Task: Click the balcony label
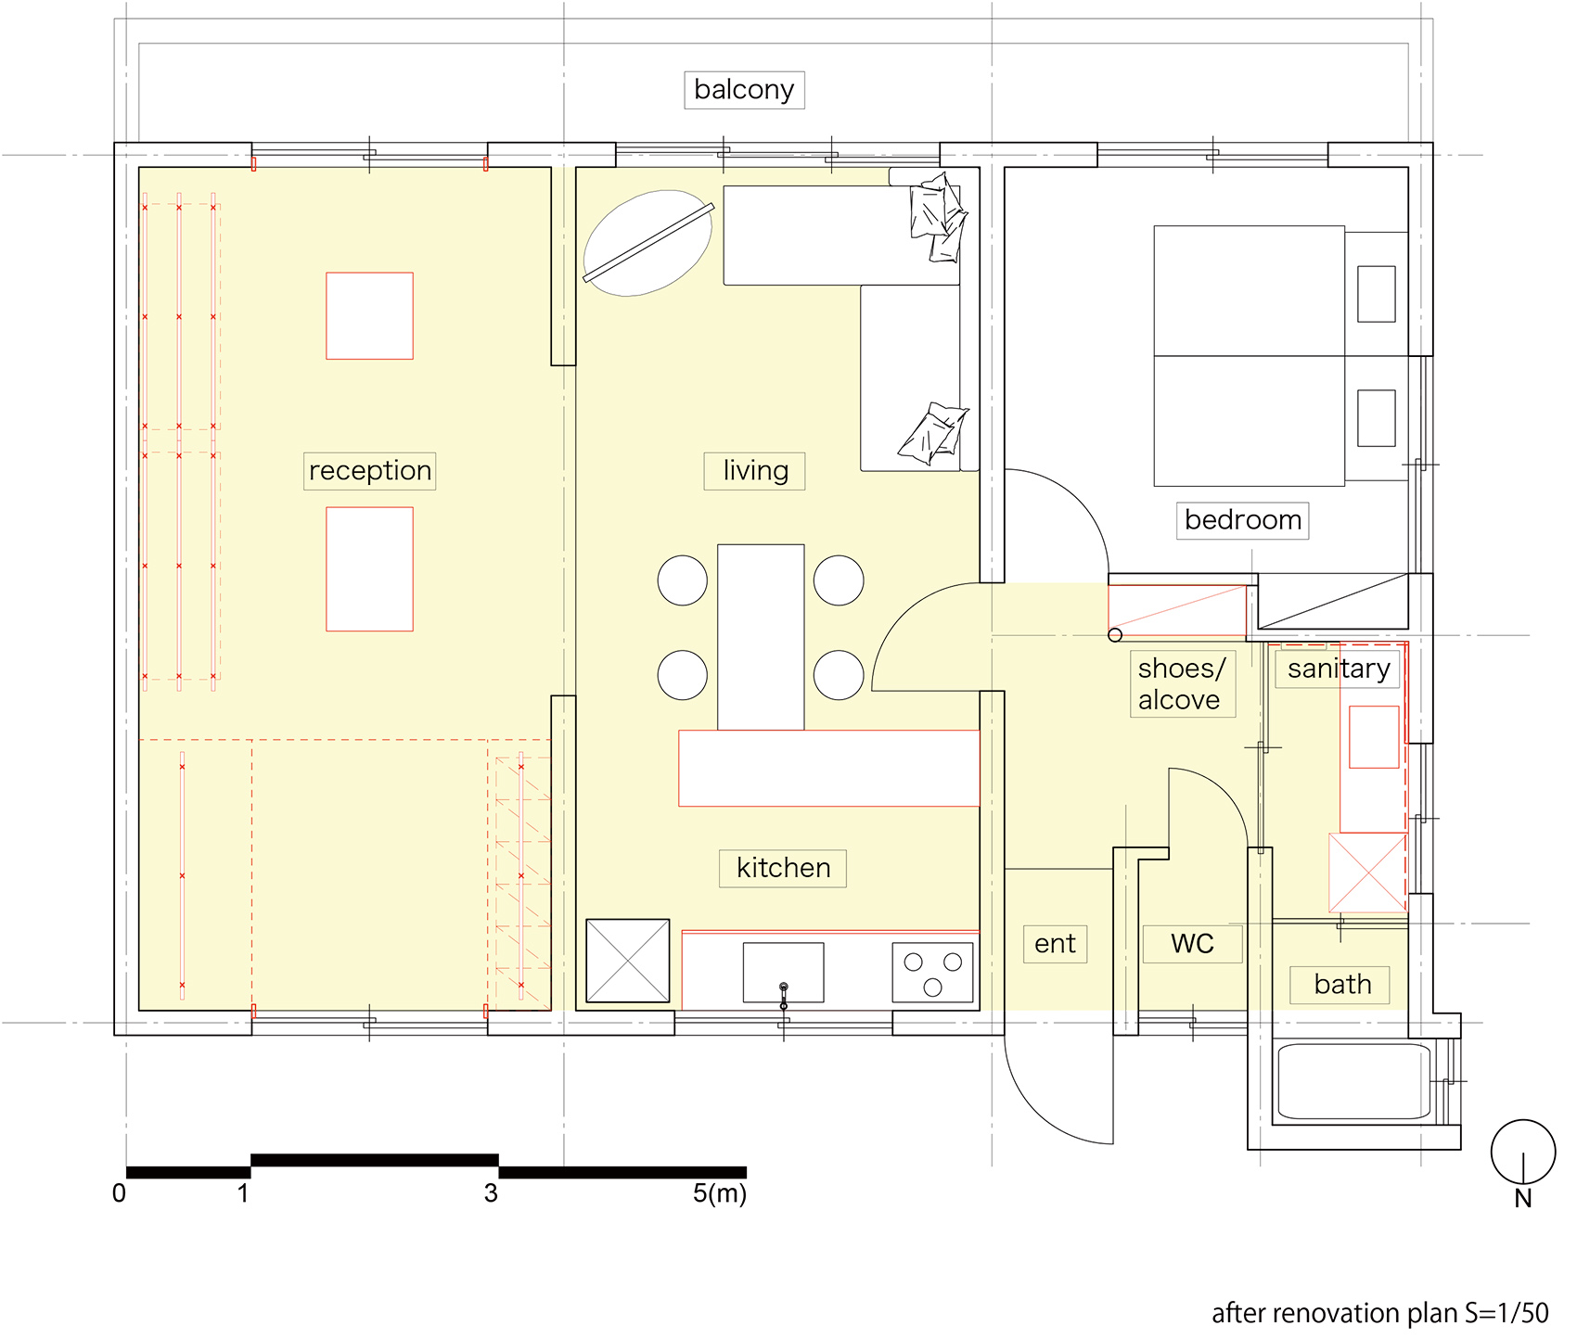[744, 90]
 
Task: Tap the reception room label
[369, 471]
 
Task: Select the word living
[755, 471]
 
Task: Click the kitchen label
[783, 868]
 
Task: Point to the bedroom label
[1242, 520]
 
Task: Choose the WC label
[1192, 944]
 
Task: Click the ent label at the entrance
[1055, 944]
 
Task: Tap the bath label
[1341, 985]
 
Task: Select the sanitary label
[1338, 669]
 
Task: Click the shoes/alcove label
[1181, 684]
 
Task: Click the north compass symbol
[1522, 1153]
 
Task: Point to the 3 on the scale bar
[491, 1194]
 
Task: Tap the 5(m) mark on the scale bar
[719, 1194]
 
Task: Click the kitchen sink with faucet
[783, 973]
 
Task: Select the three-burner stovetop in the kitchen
[932, 973]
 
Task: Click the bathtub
[1353, 1081]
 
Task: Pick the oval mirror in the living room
[647, 243]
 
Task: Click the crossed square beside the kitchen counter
[628, 961]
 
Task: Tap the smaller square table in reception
[369, 316]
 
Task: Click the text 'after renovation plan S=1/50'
[1379, 1314]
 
